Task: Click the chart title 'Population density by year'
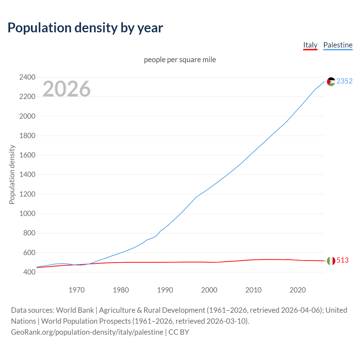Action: tap(85, 28)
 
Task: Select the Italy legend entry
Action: tap(310, 45)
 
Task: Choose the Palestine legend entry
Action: tap(338, 45)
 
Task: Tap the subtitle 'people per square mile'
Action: tap(180, 60)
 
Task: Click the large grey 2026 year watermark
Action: tap(67, 89)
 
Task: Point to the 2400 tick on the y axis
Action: tap(27, 77)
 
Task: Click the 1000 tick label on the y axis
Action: tap(27, 213)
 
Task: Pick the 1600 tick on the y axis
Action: tap(27, 155)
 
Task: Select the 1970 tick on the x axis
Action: tap(76, 290)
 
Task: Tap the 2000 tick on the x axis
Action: tap(209, 290)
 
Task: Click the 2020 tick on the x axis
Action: tap(298, 290)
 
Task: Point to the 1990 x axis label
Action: tap(165, 290)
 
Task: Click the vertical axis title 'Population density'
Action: tap(12, 174)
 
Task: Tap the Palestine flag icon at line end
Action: tap(331, 82)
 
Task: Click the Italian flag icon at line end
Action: tap(331, 261)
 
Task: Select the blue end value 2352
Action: tap(345, 81)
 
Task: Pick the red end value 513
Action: tap(343, 260)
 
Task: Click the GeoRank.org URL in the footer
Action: tap(87, 332)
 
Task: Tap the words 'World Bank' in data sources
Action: tap(75, 310)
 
